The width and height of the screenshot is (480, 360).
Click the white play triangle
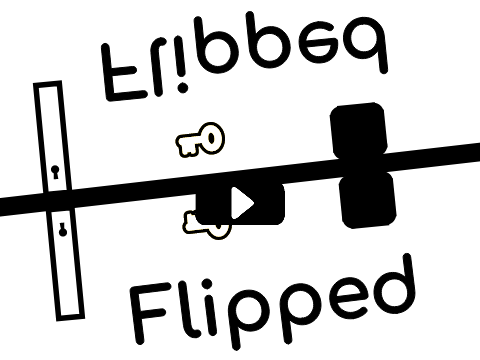pos(241,203)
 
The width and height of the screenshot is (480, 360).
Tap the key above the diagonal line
pos(200,140)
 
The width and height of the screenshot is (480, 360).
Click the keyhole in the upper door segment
pos(55,172)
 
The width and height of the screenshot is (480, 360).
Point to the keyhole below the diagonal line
pos(62,230)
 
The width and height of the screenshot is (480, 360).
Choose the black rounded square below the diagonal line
pos(368,199)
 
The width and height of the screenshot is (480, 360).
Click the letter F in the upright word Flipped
pos(148,313)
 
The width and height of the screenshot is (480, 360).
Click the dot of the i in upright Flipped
pos(207,284)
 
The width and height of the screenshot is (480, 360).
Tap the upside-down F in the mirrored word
pos(121,72)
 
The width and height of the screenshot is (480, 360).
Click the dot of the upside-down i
pos(183,88)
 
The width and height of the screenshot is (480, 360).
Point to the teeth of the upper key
pos(187,147)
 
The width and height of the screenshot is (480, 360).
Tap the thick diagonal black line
pos(240,180)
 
